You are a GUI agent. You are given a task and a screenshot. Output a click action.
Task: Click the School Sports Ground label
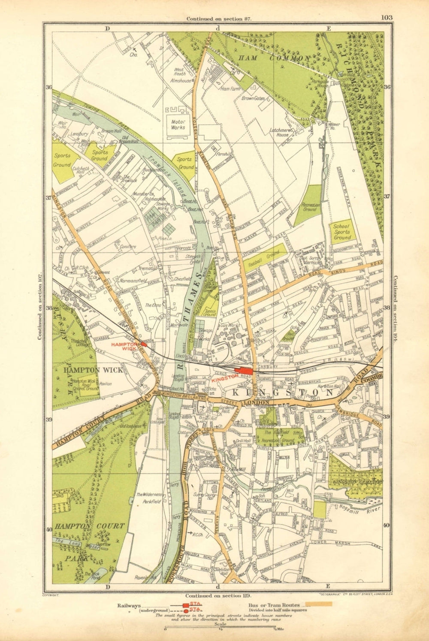pyautogui.click(x=342, y=232)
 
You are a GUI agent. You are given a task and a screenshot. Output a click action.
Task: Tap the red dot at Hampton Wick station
pyautogui.click(x=144, y=344)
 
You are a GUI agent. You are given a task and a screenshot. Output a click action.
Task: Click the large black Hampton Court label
pyautogui.click(x=90, y=526)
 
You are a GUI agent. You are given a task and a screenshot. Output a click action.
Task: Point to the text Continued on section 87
pyautogui.click(x=218, y=19)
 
